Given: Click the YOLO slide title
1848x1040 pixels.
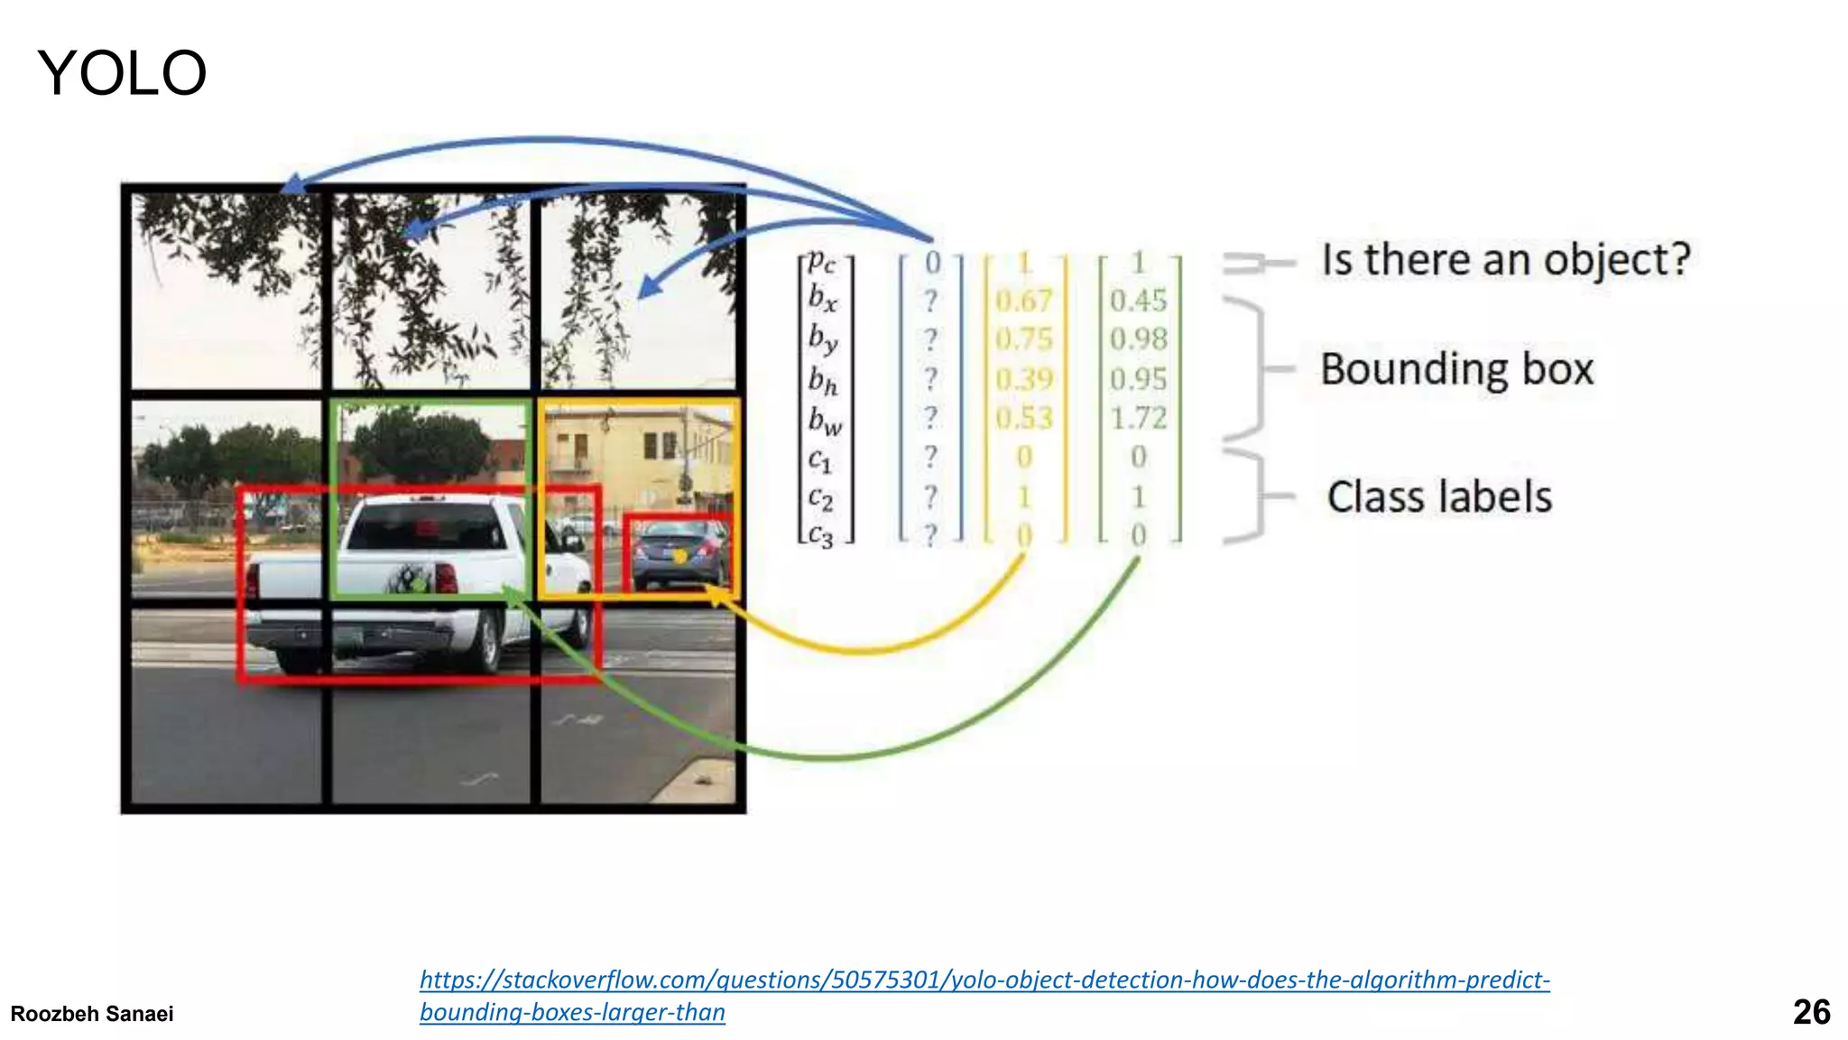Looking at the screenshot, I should (x=122, y=73).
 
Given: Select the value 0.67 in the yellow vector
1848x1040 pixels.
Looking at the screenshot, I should (x=1024, y=301).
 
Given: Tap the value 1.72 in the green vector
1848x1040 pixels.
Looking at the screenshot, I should (x=1138, y=418).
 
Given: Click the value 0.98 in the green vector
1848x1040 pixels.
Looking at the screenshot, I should (x=1138, y=339).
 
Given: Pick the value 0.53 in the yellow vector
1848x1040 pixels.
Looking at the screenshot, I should (x=1024, y=418).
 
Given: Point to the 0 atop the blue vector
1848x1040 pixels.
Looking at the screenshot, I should (x=932, y=263).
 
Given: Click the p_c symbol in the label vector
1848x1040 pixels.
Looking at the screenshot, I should (x=821, y=262).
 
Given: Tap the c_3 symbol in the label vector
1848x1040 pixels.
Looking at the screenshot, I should (x=820, y=535).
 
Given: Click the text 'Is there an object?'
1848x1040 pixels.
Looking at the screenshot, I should (x=1505, y=260).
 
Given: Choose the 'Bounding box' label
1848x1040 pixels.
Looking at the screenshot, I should (x=1456, y=369).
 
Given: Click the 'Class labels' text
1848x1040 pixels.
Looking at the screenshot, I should (x=1439, y=497).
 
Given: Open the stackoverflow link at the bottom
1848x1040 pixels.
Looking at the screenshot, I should (x=984, y=980).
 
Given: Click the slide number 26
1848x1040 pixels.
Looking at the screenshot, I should (x=1811, y=1012).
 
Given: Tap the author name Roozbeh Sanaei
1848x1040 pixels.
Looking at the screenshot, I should (x=92, y=1014).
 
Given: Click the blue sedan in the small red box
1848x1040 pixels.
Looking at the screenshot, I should (x=679, y=552).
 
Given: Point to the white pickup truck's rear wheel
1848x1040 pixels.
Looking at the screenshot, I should (x=488, y=641).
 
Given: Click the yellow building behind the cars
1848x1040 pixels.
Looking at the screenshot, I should (x=623, y=451).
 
